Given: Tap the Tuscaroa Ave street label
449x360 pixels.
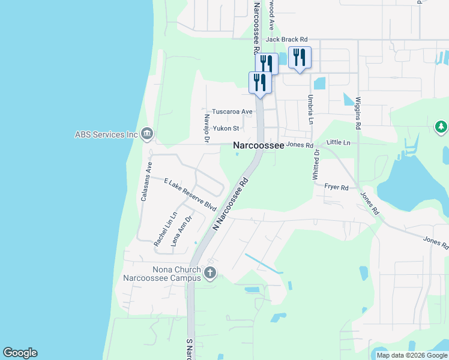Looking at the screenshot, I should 232,112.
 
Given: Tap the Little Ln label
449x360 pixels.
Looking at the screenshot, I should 338,143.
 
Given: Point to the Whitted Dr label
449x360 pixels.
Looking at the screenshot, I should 316,164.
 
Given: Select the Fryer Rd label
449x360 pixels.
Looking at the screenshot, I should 337,188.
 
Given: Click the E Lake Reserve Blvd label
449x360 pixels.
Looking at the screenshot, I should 190,194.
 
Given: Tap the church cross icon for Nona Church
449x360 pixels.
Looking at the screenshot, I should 209,274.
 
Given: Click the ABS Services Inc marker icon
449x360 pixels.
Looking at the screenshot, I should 147,134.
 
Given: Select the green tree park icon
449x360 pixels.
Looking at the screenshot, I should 441,127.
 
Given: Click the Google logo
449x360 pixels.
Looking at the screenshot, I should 20,353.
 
